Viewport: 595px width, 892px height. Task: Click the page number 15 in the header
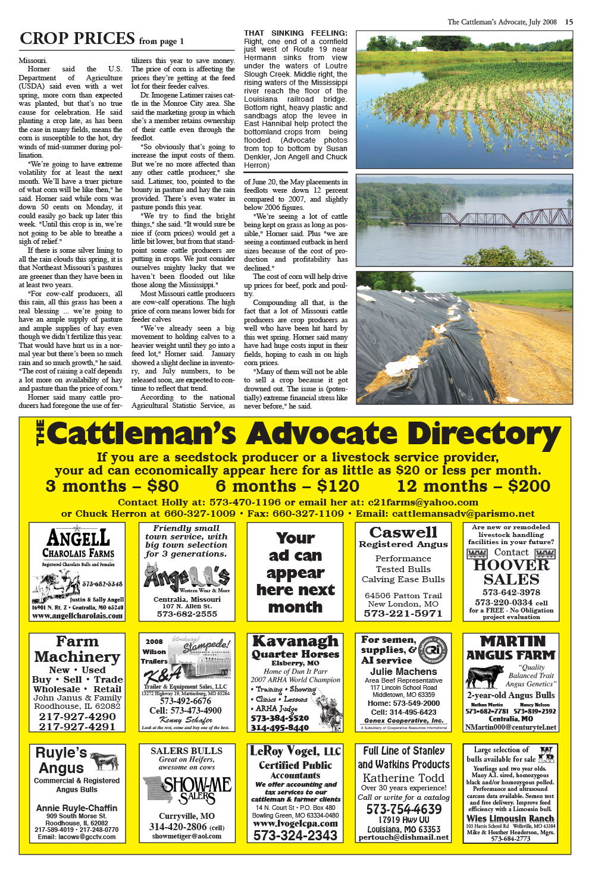pos(569,22)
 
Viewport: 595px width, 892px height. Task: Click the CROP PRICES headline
pos(77,39)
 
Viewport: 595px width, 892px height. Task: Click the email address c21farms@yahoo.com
pos(423,502)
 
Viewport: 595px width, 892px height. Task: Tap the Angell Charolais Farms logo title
pos(78,544)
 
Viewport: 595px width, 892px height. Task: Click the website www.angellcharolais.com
pos(77,616)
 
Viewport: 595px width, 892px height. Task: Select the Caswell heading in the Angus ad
pos(403,532)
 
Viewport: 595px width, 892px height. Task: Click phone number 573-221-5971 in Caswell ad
pos(403,614)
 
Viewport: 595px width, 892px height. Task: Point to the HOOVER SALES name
pos(511,572)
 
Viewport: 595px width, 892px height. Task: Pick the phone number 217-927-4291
pos(77,727)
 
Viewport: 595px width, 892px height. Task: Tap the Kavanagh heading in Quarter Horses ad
pos(295,641)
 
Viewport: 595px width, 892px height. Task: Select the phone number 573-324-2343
pos(295,835)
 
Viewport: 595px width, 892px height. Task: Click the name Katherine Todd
pos(403,778)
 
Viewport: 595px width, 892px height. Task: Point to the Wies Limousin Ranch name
pos(511,819)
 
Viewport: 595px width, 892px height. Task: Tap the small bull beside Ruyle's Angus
pos(104,761)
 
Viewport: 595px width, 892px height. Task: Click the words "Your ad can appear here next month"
pos(295,573)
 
